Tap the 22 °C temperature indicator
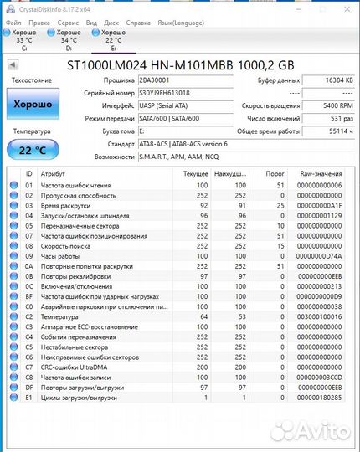31,149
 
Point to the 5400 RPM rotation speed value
327,106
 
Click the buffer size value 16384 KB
327,80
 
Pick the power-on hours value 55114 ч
327,131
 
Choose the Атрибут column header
54,172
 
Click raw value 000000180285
319,398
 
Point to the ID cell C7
29,367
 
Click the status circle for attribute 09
13,255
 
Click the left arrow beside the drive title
13,64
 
